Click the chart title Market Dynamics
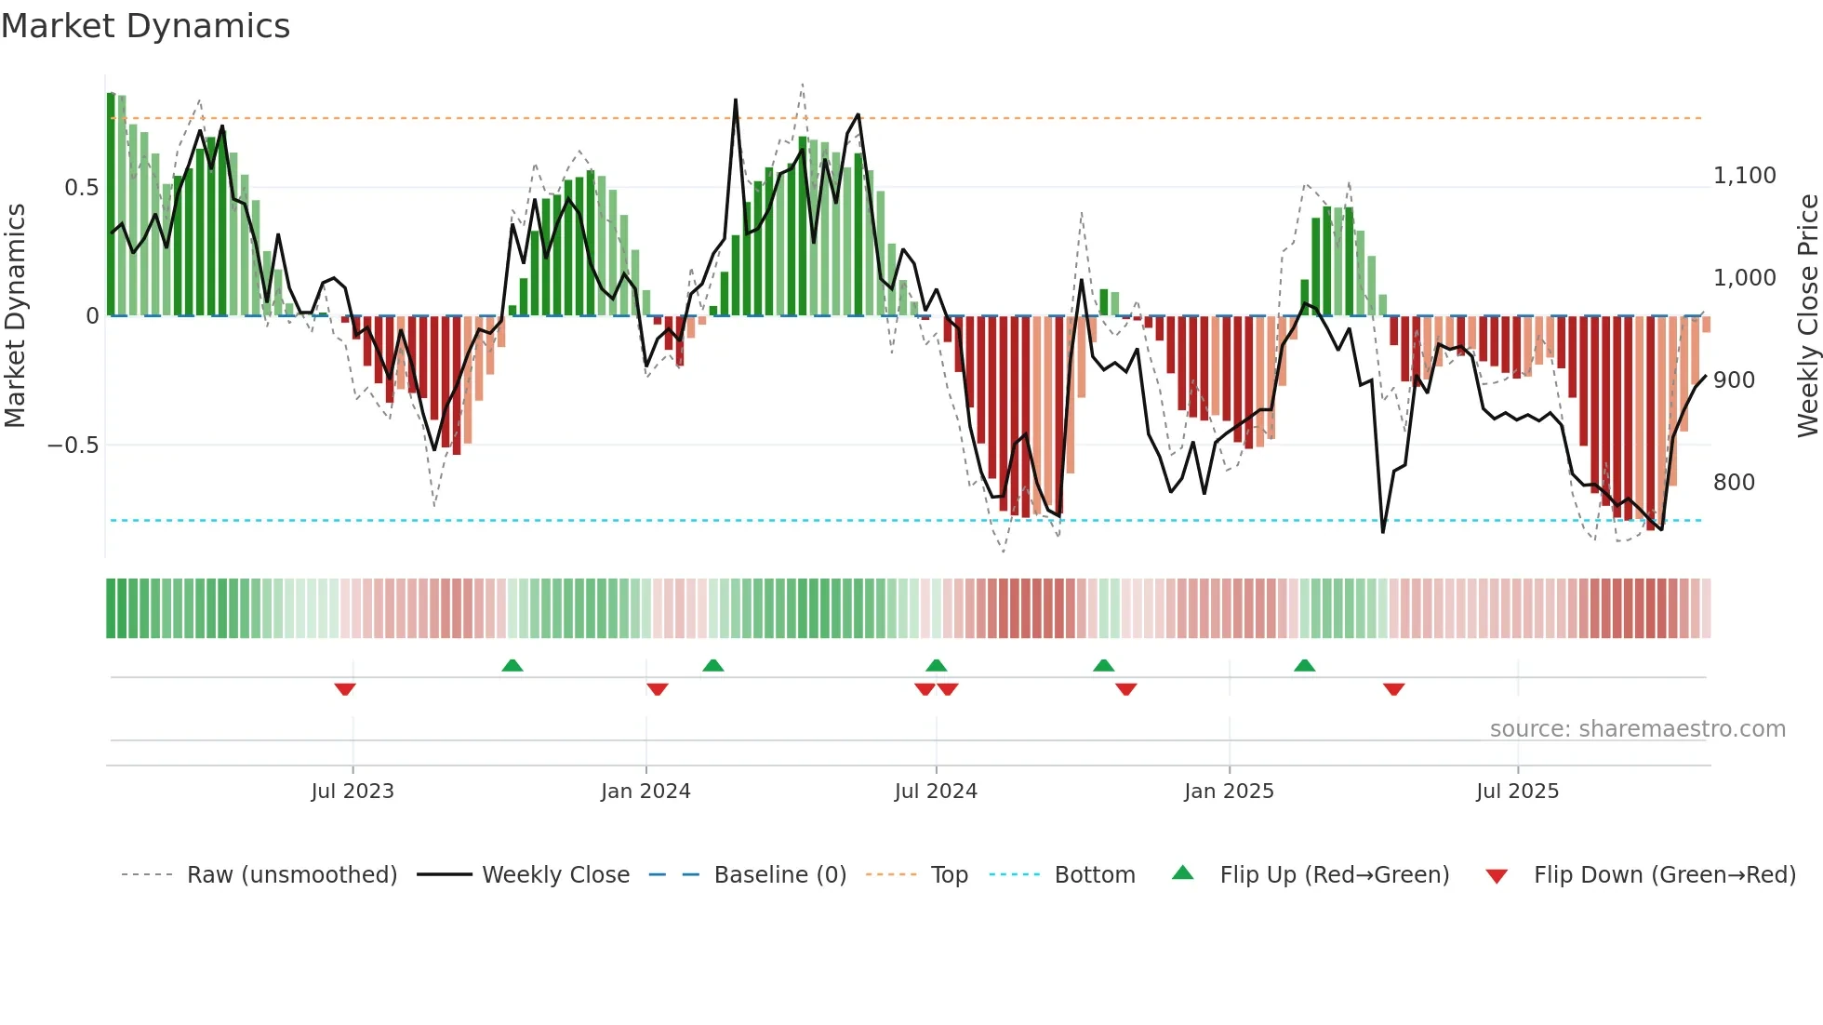click(145, 26)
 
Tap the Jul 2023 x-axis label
click(353, 792)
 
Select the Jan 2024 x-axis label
click(645, 792)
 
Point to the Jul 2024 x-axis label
click(936, 792)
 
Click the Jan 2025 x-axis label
click(1229, 792)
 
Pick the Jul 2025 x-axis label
click(1517, 792)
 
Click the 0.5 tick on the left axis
click(81, 188)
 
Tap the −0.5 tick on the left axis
click(73, 446)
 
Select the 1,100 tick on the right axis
click(1744, 176)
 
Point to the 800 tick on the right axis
click(1734, 483)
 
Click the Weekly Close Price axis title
click(1807, 315)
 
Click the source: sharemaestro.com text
click(1637, 729)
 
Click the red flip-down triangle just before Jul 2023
click(345, 689)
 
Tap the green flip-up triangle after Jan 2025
click(1304, 666)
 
